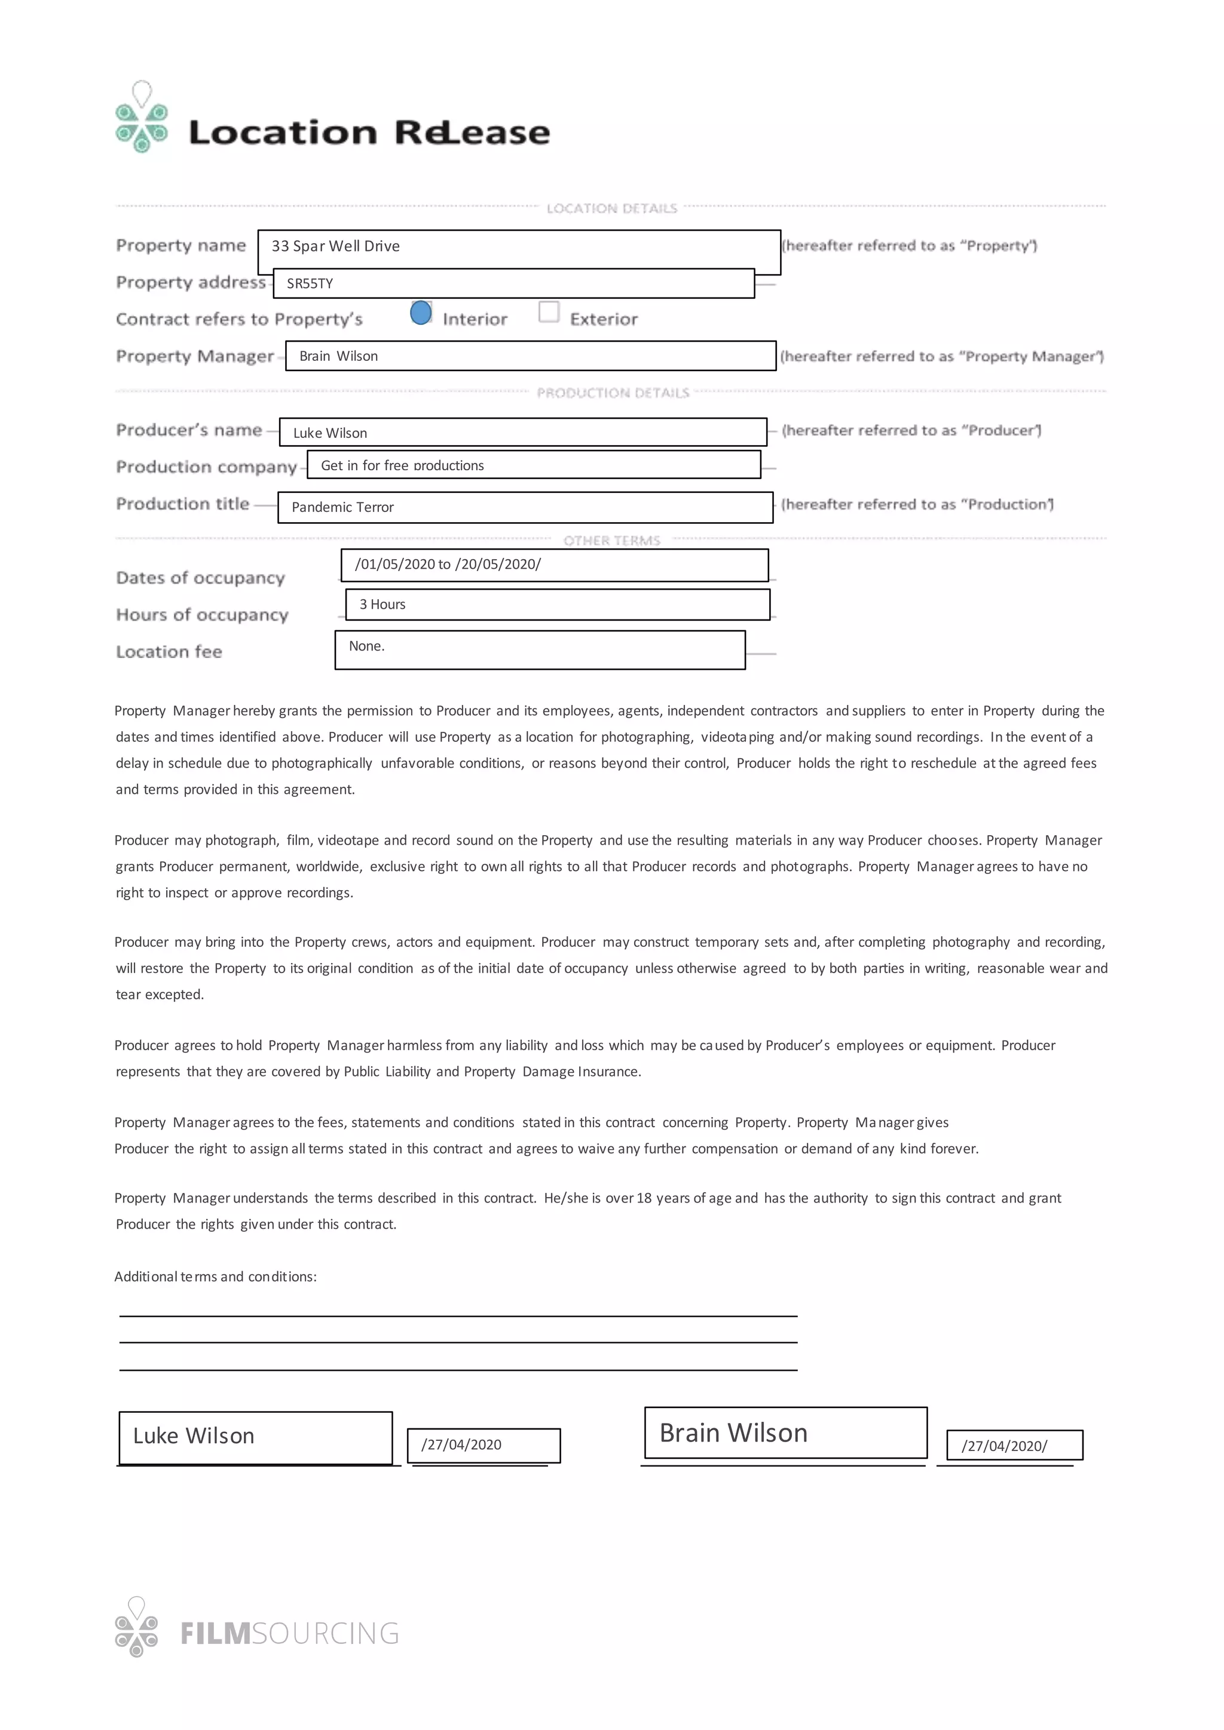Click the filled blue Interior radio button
click(x=421, y=312)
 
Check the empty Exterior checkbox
click(x=549, y=312)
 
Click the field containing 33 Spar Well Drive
click(x=519, y=249)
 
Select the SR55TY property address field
click(x=513, y=283)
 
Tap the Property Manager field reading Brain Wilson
click(x=530, y=355)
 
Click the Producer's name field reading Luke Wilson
click(x=522, y=432)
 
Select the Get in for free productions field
click(x=534, y=465)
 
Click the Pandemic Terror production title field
click(x=525, y=507)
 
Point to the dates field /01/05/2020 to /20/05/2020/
click(x=554, y=565)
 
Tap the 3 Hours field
click(x=557, y=605)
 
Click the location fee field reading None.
click(x=540, y=649)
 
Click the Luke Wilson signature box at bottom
click(x=256, y=1437)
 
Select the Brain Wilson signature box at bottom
click(x=785, y=1433)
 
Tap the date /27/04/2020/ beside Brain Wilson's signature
click(x=1014, y=1445)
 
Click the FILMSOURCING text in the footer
click(x=290, y=1634)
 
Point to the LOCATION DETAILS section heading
click(x=611, y=208)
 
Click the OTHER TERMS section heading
click(x=611, y=540)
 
